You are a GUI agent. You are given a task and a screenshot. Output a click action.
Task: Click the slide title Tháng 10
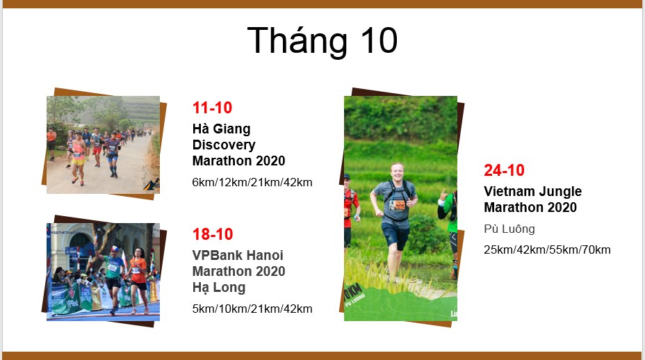pyautogui.click(x=322, y=40)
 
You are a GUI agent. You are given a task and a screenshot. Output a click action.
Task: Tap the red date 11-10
pyautogui.click(x=212, y=108)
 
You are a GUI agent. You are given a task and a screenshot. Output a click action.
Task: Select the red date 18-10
pyautogui.click(x=213, y=234)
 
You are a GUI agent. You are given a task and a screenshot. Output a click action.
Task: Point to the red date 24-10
pyautogui.click(x=504, y=170)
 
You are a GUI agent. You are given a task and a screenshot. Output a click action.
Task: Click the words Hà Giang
pyautogui.click(x=221, y=129)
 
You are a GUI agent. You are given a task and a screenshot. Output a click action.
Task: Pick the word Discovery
pyautogui.click(x=224, y=145)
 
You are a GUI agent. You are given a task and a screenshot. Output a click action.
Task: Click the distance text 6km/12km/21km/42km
pyautogui.click(x=252, y=182)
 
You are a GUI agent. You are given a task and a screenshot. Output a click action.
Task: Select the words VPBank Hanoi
pyautogui.click(x=238, y=255)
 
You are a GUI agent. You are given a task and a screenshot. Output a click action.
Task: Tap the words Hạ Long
pyautogui.click(x=219, y=287)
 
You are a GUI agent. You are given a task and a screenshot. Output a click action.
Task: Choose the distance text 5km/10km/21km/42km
pyautogui.click(x=252, y=309)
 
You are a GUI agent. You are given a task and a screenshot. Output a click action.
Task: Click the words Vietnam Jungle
pyautogui.click(x=532, y=191)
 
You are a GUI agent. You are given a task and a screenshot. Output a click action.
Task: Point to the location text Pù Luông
pyautogui.click(x=509, y=229)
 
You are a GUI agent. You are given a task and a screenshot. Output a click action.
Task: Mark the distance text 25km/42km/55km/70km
pyautogui.click(x=547, y=249)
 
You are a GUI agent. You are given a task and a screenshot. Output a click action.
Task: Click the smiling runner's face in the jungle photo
pyautogui.click(x=397, y=172)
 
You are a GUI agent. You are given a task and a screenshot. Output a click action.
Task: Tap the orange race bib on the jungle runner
pyautogui.click(x=398, y=204)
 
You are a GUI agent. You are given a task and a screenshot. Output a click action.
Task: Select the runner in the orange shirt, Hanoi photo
pyautogui.click(x=138, y=280)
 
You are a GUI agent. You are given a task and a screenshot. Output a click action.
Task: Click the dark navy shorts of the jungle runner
pyautogui.click(x=395, y=236)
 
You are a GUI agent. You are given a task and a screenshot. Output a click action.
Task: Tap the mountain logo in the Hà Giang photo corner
pyautogui.click(x=152, y=185)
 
